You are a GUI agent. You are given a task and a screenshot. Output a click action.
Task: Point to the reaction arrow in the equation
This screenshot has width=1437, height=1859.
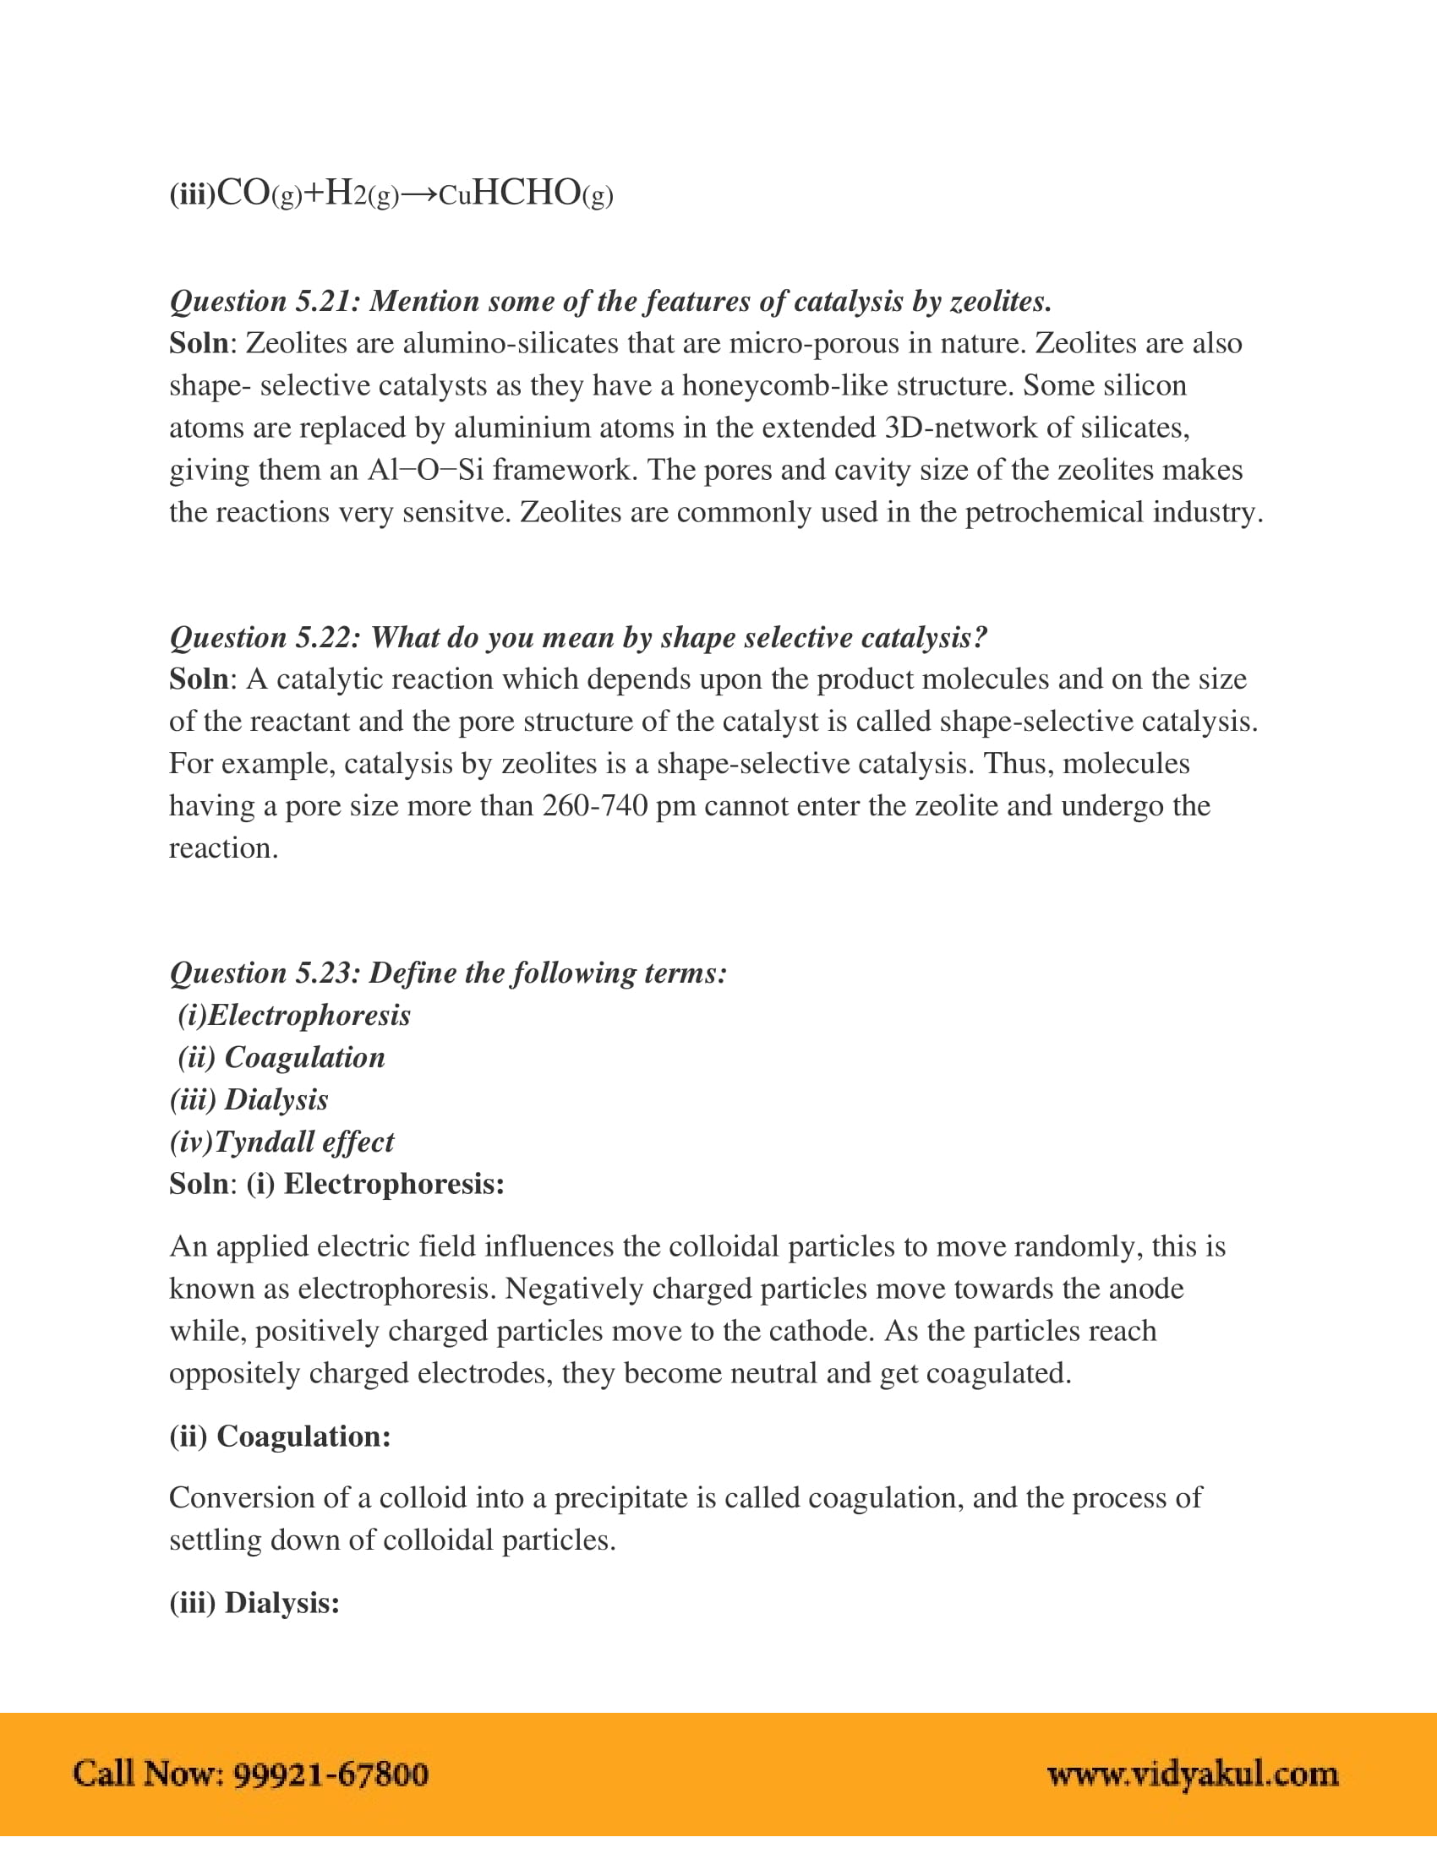[418, 195]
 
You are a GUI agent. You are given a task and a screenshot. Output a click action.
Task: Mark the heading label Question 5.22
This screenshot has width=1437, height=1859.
[265, 637]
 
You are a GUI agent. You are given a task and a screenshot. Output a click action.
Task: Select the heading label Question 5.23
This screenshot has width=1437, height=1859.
[265, 973]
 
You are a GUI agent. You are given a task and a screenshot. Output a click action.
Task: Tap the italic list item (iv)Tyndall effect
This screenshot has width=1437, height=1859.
[281, 1142]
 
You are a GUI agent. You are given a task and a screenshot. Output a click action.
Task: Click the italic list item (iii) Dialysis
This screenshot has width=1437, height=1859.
[249, 1099]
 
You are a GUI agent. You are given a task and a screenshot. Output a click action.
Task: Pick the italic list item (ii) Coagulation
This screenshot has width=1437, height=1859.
[281, 1057]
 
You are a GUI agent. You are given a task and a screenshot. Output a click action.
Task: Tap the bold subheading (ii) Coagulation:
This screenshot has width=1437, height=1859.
[280, 1436]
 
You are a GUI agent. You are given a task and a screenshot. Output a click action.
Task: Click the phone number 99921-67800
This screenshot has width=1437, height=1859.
[331, 1774]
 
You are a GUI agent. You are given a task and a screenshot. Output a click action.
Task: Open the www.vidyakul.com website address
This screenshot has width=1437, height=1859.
[1192, 1774]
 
